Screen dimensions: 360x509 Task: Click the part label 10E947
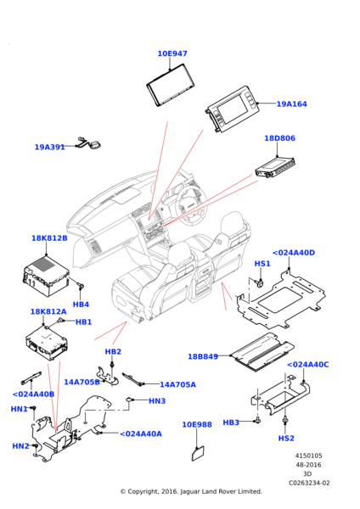(x=172, y=53)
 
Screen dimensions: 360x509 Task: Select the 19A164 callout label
(x=291, y=103)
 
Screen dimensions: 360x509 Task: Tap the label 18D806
(x=279, y=138)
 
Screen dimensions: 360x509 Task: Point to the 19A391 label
(x=50, y=147)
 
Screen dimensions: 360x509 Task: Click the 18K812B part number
(x=49, y=238)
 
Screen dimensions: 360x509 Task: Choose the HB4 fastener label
(x=81, y=305)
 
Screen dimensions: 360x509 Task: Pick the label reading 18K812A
(x=48, y=311)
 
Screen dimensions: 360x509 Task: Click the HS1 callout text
(x=262, y=264)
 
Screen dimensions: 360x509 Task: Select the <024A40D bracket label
(x=294, y=253)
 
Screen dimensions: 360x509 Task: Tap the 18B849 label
(x=203, y=356)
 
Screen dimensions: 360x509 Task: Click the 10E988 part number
(x=197, y=425)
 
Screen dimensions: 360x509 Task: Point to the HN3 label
(x=157, y=401)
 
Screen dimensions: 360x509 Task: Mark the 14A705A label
(x=177, y=384)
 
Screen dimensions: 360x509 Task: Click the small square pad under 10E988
(x=199, y=453)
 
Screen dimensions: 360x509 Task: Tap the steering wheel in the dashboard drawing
(x=191, y=205)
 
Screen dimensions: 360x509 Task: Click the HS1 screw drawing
(x=260, y=283)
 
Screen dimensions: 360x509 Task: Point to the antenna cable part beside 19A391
(x=89, y=143)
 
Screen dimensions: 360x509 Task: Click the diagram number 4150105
(x=309, y=456)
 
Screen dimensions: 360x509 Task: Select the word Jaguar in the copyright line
(x=190, y=491)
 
